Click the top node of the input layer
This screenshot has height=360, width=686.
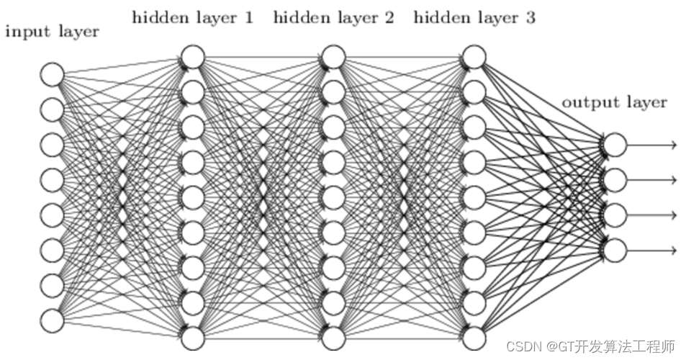click(x=52, y=74)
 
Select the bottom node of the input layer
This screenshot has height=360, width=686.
click(x=52, y=320)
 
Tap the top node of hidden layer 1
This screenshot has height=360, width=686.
click(x=192, y=56)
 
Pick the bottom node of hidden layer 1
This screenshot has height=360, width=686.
click(x=192, y=338)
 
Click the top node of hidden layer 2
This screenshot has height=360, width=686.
click(x=333, y=56)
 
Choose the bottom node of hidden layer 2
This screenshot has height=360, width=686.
click(x=333, y=338)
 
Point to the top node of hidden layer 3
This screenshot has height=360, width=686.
click(x=474, y=56)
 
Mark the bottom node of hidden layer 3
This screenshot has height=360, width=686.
click(x=474, y=338)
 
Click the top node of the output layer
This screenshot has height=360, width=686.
click(x=614, y=145)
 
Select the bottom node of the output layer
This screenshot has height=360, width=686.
click(x=614, y=251)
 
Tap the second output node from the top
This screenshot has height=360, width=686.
click(x=614, y=180)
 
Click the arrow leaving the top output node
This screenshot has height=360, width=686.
click(x=651, y=145)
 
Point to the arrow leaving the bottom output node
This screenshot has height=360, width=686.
click(x=651, y=251)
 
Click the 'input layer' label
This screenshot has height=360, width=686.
click(x=52, y=31)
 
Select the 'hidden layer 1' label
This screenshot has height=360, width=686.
click(x=192, y=17)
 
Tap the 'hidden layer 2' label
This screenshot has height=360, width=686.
click(x=333, y=17)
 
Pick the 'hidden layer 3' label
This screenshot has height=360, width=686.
click(x=474, y=17)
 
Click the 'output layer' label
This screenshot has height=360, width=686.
click(x=614, y=102)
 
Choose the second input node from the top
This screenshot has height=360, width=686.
click(x=52, y=109)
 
